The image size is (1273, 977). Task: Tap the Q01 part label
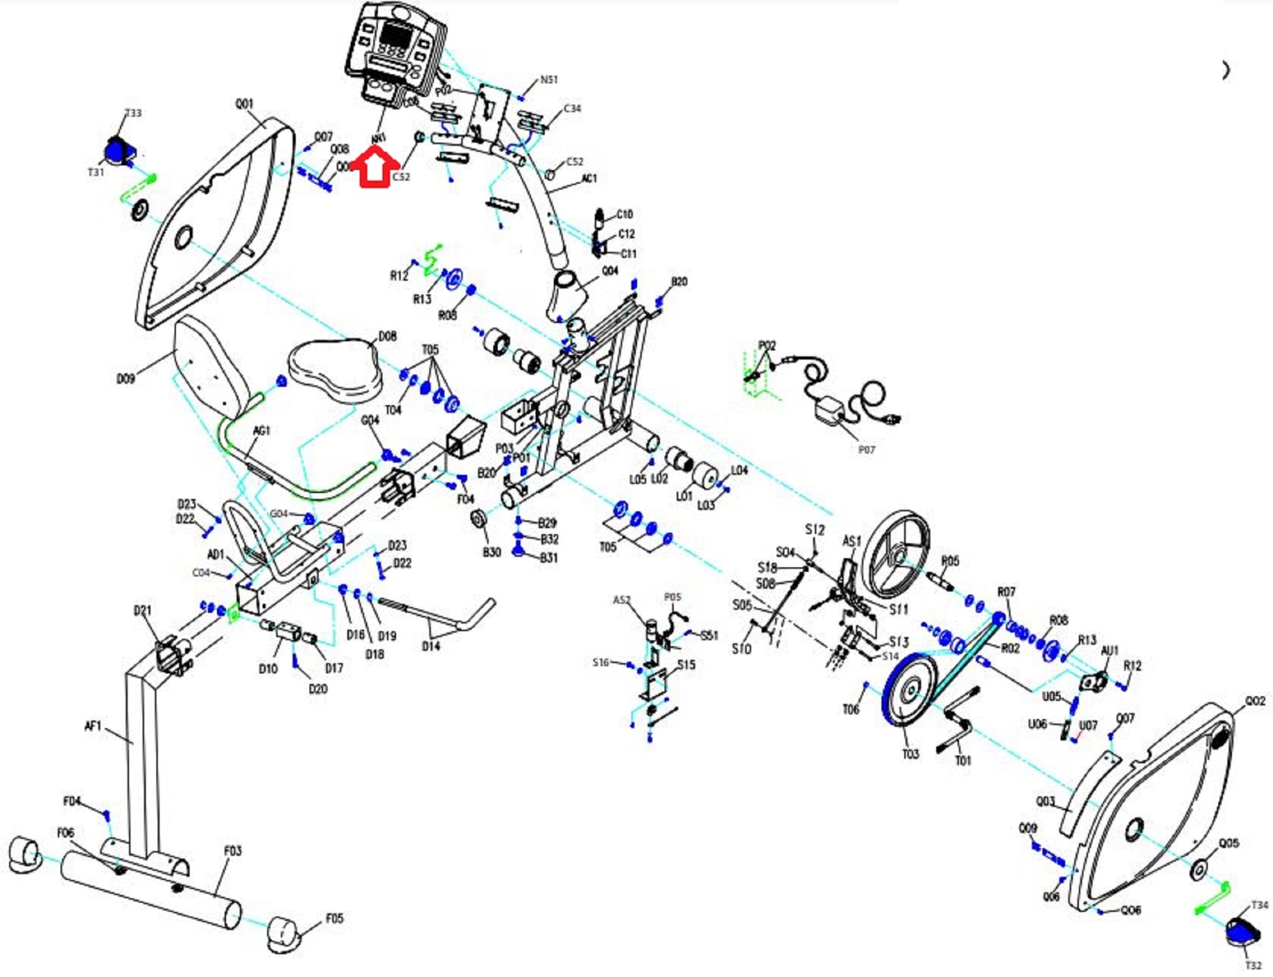click(244, 104)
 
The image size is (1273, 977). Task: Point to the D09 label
click(125, 378)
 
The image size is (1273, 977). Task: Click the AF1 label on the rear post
click(93, 726)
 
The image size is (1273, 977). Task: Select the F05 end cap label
click(334, 918)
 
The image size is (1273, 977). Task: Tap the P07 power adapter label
click(866, 449)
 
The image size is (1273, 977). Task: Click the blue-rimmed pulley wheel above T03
click(908, 690)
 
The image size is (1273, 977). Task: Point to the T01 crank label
click(962, 760)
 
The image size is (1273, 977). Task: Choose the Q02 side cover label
click(1255, 701)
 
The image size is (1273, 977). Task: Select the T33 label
click(133, 113)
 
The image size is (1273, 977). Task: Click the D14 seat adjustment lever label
click(431, 646)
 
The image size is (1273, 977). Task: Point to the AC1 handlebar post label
click(588, 178)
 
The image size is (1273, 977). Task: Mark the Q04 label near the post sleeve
click(610, 271)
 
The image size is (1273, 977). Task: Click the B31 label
click(549, 558)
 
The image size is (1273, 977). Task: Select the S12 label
click(814, 530)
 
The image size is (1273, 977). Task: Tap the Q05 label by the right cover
click(1228, 843)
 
